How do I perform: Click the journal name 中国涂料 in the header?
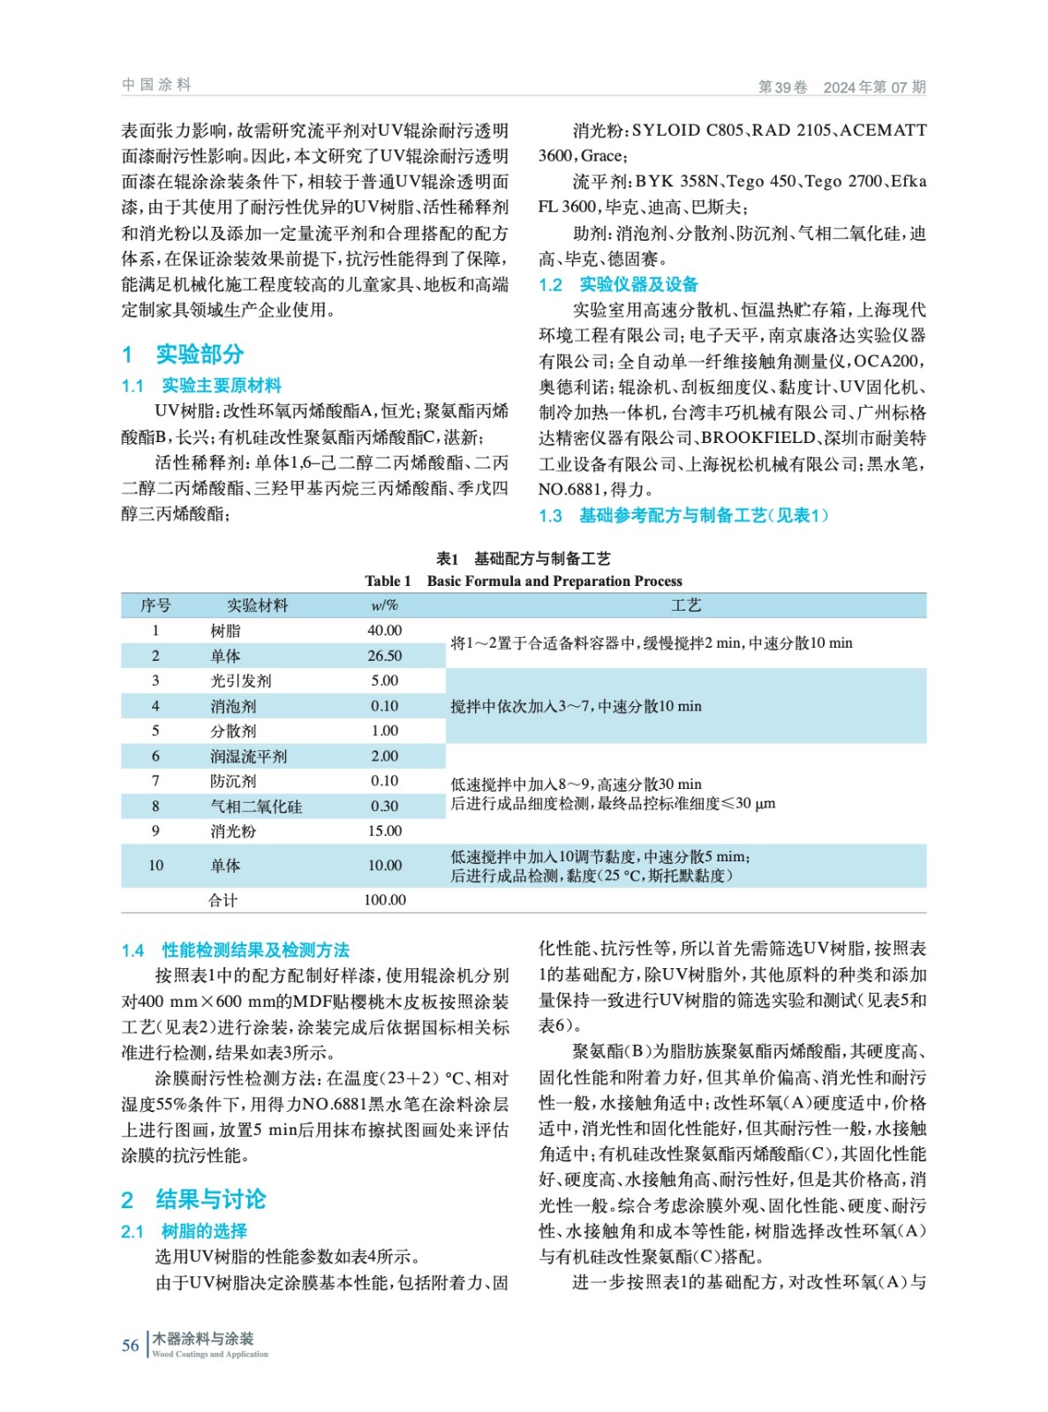click(x=156, y=85)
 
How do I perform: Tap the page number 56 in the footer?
click(x=130, y=1345)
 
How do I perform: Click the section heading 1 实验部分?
click(x=183, y=354)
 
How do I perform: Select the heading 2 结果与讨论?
click(x=193, y=1198)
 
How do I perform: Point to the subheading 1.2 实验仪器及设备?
click(x=618, y=284)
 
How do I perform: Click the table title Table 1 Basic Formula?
click(x=523, y=581)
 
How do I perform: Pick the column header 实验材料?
click(x=257, y=605)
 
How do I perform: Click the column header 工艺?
click(x=685, y=605)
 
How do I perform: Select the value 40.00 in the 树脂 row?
click(x=384, y=630)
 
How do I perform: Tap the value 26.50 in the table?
click(x=384, y=656)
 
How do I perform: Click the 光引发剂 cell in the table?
click(x=240, y=680)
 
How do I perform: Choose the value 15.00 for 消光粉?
click(x=384, y=830)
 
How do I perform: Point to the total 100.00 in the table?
click(x=384, y=900)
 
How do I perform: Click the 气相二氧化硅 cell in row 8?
click(x=255, y=806)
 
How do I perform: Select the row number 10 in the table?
click(x=155, y=865)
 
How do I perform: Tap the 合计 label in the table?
click(x=222, y=900)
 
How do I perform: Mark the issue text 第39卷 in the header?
click(x=782, y=86)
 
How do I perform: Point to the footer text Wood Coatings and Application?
click(x=210, y=1354)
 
